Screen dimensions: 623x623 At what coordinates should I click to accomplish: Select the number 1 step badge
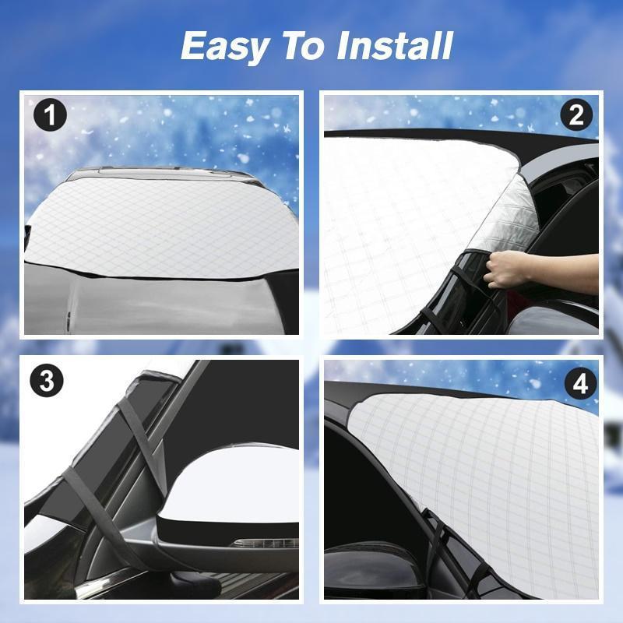(x=50, y=117)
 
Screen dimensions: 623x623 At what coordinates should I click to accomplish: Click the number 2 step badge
(x=576, y=115)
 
